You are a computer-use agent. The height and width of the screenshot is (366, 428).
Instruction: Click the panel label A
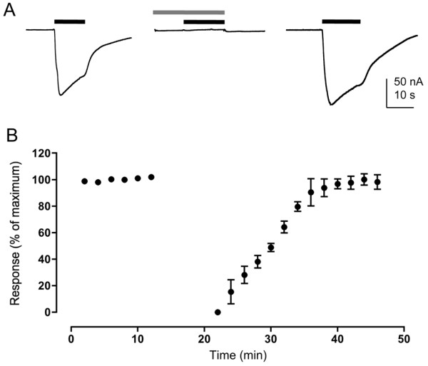click(11, 13)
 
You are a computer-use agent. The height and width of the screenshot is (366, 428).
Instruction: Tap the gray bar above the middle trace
click(188, 12)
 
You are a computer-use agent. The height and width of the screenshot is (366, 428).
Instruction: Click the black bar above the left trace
click(70, 21)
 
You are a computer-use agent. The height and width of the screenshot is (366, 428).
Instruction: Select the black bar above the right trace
click(341, 21)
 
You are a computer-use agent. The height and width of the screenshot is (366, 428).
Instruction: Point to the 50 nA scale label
click(404, 81)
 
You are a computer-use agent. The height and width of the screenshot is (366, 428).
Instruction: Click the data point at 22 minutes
click(218, 312)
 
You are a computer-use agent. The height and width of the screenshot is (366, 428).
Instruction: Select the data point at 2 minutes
click(85, 181)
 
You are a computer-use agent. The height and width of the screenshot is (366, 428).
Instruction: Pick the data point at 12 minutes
click(151, 177)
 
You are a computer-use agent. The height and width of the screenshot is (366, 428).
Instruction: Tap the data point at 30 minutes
click(271, 248)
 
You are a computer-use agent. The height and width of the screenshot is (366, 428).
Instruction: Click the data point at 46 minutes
click(377, 182)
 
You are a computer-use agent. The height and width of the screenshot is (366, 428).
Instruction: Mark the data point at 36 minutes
click(310, 192)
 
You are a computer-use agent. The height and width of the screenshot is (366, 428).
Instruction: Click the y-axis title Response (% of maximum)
click(17, 233)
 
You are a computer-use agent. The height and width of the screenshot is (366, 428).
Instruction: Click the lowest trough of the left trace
click(60, 94)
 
